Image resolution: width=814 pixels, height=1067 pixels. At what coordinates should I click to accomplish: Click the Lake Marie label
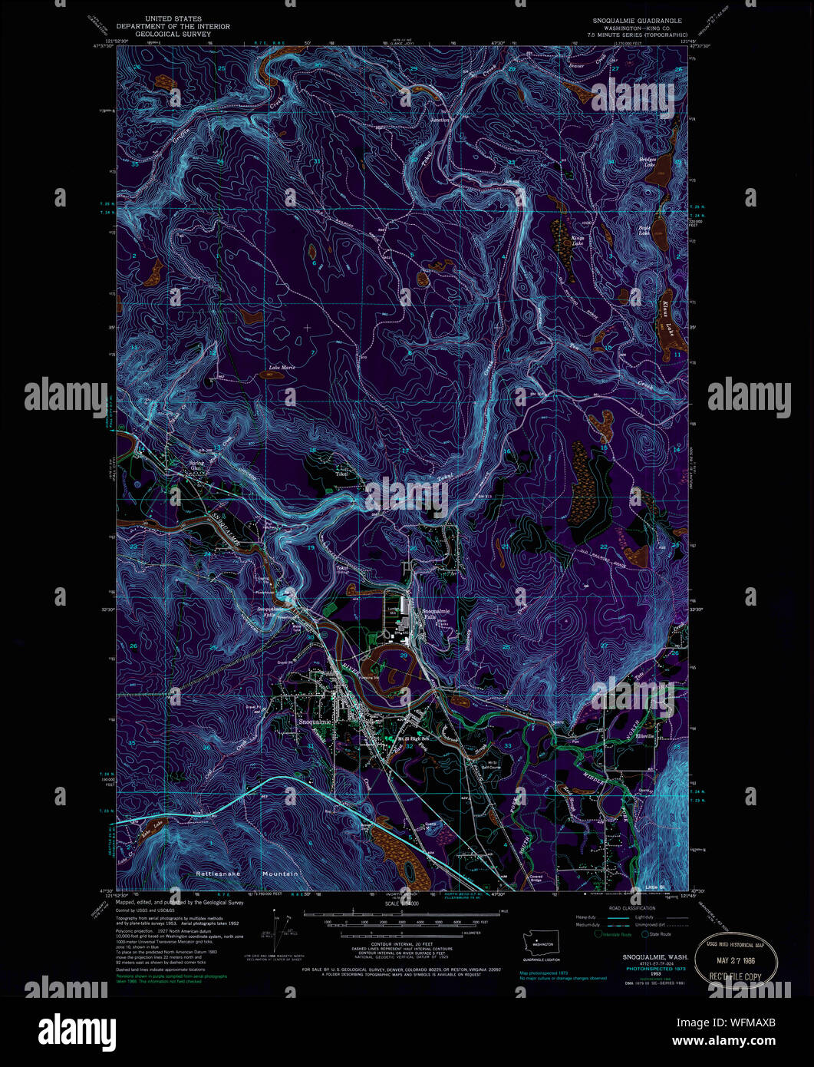tap(281, 368)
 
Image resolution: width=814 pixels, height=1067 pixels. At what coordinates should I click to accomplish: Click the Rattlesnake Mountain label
tap(247, 874)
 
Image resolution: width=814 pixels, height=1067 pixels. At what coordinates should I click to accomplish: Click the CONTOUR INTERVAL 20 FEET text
tap(401, 943)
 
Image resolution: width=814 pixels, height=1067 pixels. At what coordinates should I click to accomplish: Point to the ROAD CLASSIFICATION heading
tap(631, 908)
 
